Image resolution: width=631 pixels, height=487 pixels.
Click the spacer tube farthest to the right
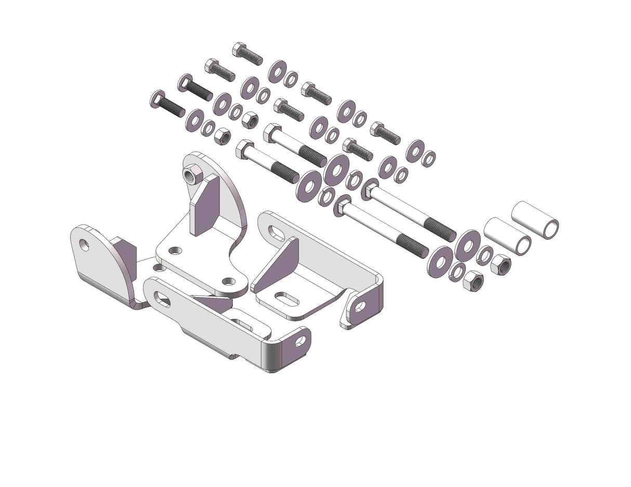[535, 220]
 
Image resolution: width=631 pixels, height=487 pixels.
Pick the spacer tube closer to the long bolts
[507, 236]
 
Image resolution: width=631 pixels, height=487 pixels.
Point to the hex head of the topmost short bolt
[239, 49]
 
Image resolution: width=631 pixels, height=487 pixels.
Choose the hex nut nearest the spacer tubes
[501, 264]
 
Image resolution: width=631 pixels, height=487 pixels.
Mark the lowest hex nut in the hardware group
[473, 281]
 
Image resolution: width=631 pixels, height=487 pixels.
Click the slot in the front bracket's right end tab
[301, 341]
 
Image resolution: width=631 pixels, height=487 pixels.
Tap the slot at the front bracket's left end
[162, 299]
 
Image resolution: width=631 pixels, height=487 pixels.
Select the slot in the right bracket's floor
[286, 300]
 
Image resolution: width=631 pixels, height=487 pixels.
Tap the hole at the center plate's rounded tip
[228, 281]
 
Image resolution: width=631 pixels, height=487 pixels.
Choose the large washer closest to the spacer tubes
[468, 245]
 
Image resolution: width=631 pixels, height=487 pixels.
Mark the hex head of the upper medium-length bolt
[271, 132]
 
